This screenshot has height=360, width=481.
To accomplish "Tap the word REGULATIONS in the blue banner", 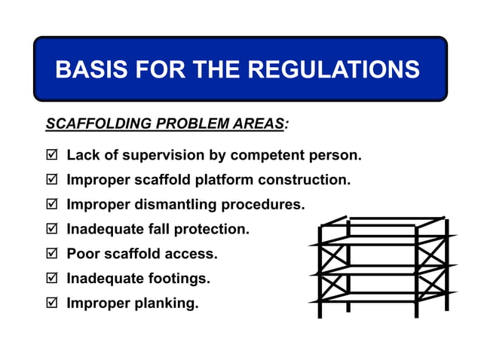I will tap(334, 69).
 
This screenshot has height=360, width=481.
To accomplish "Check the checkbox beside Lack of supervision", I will tap(51, 156).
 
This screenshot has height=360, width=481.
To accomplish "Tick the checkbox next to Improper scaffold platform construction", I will tap(51, 181).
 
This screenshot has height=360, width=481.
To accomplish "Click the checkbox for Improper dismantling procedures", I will tap(51, 205).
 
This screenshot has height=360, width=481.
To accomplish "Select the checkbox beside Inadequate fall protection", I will tap(51, 230).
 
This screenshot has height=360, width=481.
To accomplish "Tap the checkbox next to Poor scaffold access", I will tap(51, 255).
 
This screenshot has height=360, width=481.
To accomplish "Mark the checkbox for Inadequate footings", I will tap(51, 279).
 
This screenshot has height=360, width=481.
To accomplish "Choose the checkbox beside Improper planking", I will tap(51, 304).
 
